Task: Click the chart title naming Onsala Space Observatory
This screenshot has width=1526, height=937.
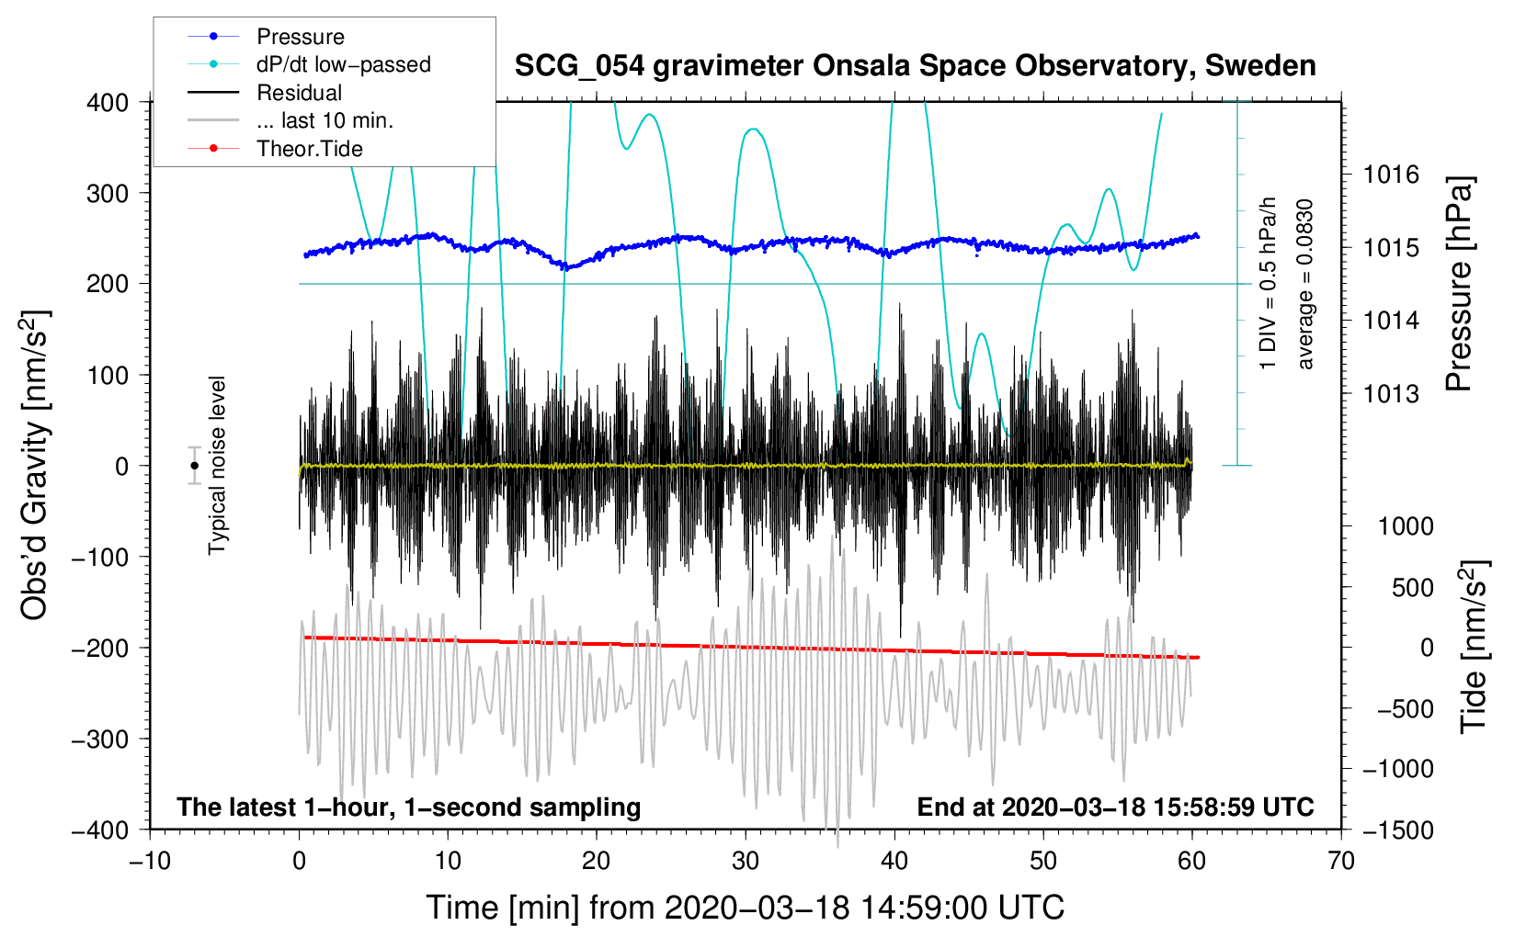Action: [915, 66]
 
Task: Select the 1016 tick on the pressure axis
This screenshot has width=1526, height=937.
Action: [1391, 175]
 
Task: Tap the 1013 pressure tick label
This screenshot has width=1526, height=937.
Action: [1391, 394]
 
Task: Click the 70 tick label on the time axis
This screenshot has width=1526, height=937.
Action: [1340, 861]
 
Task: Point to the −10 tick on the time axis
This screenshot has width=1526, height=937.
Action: [150, 861]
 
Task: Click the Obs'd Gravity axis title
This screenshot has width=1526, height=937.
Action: [34, 465]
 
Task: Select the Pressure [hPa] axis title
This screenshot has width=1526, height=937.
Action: [1459, 285]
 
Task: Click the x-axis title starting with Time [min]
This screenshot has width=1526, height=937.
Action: [745, 908]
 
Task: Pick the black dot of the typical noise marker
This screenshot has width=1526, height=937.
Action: [194, 466]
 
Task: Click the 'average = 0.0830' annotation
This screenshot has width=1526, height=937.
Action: [1305, 285]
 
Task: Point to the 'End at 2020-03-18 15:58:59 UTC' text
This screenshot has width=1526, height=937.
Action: [1115, 807]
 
